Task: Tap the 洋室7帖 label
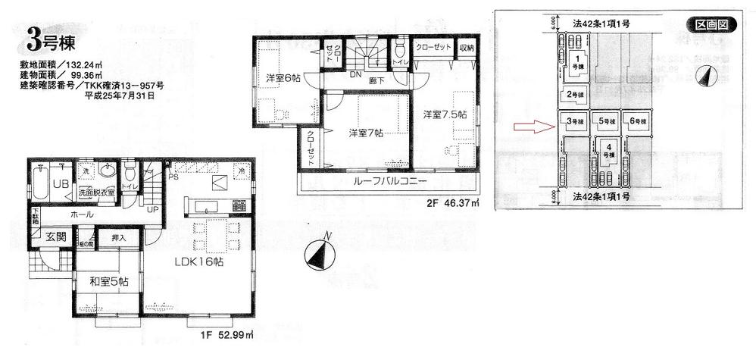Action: coord(367,132)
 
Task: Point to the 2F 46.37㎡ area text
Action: coord(453,202)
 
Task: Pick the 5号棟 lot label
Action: coord(606,121)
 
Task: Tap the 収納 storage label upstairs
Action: coord(466,48)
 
